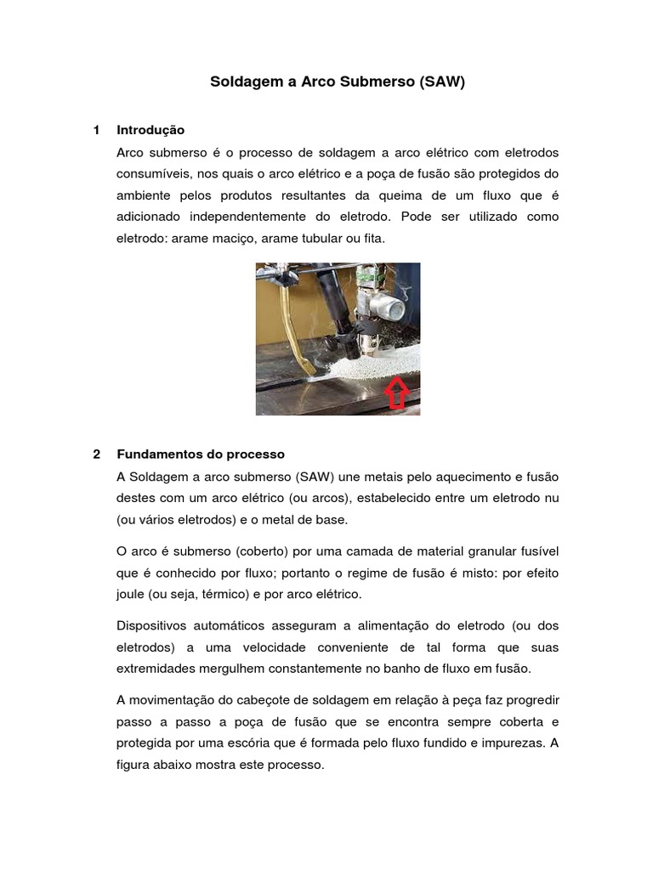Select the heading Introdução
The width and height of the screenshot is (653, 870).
(x=150, y=130)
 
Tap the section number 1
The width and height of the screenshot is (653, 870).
(x=97, y=130)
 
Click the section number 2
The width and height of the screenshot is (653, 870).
(x=97, y=454)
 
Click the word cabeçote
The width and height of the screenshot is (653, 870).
(x=256, y=700)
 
